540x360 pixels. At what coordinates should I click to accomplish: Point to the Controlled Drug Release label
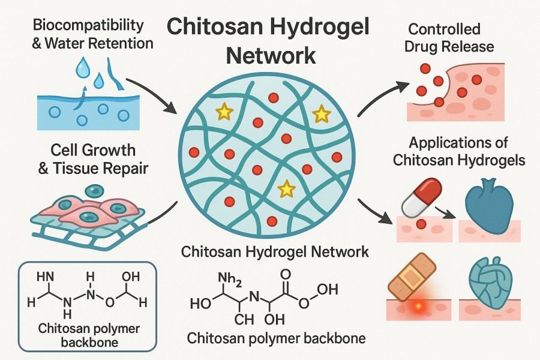point(451,37)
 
